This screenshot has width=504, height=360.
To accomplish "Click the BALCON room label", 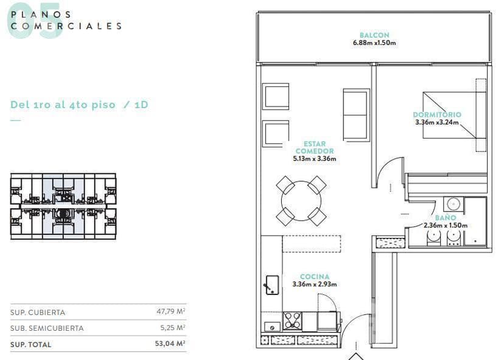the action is tap(374, 35).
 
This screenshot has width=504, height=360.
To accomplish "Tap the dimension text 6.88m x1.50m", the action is tap(374, 43).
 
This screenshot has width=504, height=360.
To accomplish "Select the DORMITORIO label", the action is tap(437, 115).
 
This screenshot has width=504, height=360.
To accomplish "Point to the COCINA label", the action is tap(315, 277).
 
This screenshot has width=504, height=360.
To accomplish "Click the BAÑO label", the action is tap(446, 218).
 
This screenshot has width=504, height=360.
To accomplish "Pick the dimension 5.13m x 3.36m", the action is tap(315, 159).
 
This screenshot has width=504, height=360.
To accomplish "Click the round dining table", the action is tap(301, 201).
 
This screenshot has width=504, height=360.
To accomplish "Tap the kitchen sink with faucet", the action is tap(272, 285).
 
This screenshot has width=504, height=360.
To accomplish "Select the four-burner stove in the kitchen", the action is tap(292, 321).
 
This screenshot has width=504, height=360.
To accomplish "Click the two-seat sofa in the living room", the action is tap(356, 115).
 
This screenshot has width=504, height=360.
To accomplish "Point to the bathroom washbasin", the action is tap(453, 204).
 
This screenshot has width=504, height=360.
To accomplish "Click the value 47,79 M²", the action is tap(170, 311).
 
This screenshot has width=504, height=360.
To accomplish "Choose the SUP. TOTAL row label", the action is tap(30, 345).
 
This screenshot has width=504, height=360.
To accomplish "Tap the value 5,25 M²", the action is tap(173, 328).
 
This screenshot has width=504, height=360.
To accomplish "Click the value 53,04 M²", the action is tap(170, 344).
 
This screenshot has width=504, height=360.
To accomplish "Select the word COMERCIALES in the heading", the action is tap(66, 26).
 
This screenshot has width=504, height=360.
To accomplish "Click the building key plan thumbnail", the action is tap(63, 207).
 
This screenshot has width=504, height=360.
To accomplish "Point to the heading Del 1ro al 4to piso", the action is tap(63, 105).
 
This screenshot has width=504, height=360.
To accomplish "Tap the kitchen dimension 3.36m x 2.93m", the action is tap(315, 284).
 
